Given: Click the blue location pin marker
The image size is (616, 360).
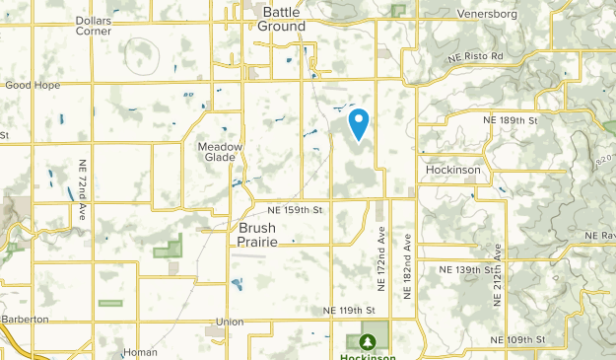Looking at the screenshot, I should (360, 122).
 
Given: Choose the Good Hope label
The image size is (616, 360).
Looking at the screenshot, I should (33, 85).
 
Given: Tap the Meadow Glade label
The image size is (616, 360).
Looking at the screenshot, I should (220, 152).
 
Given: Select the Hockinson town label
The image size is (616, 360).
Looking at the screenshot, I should (452, 170).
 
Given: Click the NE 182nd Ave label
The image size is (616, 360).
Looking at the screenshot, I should (407, 261).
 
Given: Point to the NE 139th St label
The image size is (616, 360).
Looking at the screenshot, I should (466, 269).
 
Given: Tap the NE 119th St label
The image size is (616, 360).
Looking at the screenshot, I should (350, 310).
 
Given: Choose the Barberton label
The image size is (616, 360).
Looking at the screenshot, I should (25, 320).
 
